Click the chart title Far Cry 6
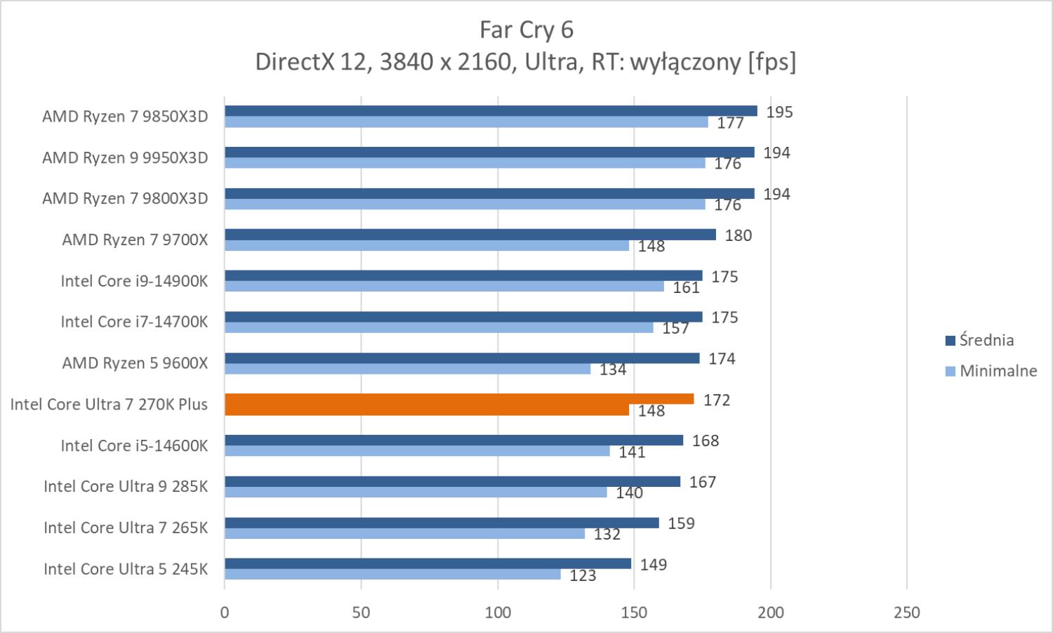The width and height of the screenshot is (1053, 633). coord(526,30)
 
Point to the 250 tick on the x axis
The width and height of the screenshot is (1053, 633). coord(907,613)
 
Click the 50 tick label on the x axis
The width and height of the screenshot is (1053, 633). coord(361,613)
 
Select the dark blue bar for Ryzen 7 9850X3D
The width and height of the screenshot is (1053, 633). coord(491,111)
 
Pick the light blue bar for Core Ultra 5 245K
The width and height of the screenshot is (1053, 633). coord(392,575)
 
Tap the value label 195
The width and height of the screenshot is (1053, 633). coord(779,112)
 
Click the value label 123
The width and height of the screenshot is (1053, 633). coord(583,576)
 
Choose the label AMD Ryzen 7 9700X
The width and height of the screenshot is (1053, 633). coord(135,240)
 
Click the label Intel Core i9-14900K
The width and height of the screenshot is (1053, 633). coord(134,281)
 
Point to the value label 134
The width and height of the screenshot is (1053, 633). coord(613,370)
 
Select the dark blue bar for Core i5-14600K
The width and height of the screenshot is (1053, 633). coord(453,441)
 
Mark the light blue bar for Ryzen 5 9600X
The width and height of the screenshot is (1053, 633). coord(407,369)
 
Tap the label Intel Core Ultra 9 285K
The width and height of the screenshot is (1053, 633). coord(126,486)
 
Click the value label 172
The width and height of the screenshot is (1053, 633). coord(717,400)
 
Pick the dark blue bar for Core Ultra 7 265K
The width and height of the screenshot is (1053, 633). coord(442,523)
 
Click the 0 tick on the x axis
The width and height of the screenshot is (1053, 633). coord(225,613)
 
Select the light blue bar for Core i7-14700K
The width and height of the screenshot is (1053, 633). coord(439,328)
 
